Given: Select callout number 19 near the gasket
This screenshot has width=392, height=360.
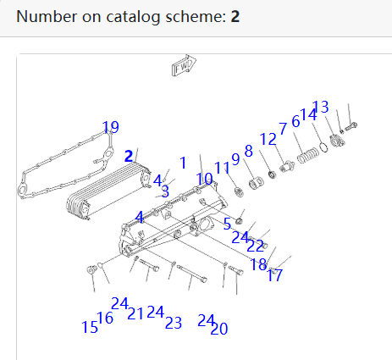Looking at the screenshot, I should tap(111, 128).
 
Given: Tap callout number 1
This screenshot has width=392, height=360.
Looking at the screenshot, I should tap(182, 162).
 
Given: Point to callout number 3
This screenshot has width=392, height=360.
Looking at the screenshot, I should tap(165, 191).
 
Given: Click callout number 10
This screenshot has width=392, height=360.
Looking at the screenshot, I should tap(205, 179).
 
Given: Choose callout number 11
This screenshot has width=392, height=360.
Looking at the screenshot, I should tap(222, 168).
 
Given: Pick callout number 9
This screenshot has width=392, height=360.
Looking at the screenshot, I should tap(235, 158).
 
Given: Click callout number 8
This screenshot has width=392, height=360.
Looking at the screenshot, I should tap(249, 151).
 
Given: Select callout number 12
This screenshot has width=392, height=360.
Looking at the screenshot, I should tap(268, 139).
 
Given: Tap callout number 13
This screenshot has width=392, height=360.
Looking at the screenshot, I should tap(320, 107).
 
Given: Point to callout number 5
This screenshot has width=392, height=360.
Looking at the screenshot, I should tap(227, 224).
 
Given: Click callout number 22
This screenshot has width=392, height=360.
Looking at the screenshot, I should tap(255, 246).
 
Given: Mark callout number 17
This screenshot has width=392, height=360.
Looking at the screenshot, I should tap(274, 275).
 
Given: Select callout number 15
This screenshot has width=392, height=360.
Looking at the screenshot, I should tap(89, 327).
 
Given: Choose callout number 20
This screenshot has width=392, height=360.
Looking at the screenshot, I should tap(219, 329).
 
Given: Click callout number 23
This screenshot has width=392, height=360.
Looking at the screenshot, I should tap(174, 323).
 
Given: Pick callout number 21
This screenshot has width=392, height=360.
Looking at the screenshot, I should tap(135, 313).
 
